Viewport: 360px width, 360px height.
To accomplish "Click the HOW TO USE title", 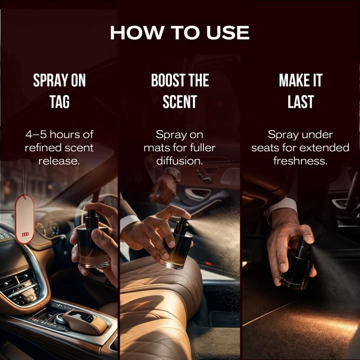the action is (180, 32).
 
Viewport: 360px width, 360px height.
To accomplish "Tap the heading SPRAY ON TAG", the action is (59, 91).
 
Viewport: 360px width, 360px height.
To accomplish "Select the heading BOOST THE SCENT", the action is (180, 91).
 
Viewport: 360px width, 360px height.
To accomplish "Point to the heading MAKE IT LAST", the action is (301, 91).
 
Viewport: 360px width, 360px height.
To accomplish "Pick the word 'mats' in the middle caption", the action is (157, 148).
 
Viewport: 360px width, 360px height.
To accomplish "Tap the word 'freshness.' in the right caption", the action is (300, 161).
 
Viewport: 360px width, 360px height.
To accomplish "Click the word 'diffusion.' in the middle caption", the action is (180, 161).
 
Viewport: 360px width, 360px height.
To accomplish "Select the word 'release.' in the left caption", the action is (59, 161).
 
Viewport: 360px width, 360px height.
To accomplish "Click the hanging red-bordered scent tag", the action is (25, 219).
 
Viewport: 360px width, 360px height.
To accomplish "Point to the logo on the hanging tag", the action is (25, 234).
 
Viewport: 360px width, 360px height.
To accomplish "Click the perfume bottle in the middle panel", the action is (178, 243).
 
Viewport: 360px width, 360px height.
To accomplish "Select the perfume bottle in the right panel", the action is (297, 264).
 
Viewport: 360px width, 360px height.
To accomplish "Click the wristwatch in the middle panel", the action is (173, 174).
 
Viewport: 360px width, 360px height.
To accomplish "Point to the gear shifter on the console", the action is (85, 322).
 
